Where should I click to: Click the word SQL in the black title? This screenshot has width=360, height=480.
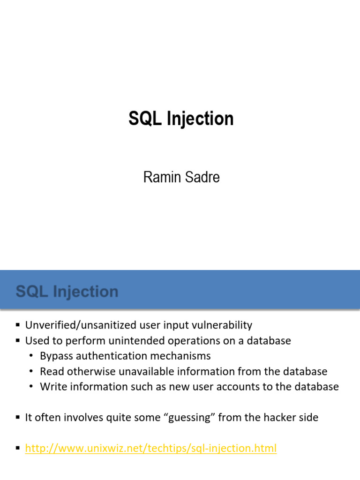point(145,119)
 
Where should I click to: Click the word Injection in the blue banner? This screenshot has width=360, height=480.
point(86,292)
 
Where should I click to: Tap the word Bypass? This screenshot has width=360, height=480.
point(56,356)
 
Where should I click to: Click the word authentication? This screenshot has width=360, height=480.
point(112,356)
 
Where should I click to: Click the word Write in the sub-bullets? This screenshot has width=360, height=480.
point(53,387)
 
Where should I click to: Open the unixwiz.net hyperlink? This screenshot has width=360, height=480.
point(151,448)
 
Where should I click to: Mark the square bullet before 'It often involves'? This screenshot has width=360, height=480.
point(18,417)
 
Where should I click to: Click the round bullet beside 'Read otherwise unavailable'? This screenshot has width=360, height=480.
point(31,371)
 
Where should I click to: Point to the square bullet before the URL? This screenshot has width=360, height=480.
point(18,448)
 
